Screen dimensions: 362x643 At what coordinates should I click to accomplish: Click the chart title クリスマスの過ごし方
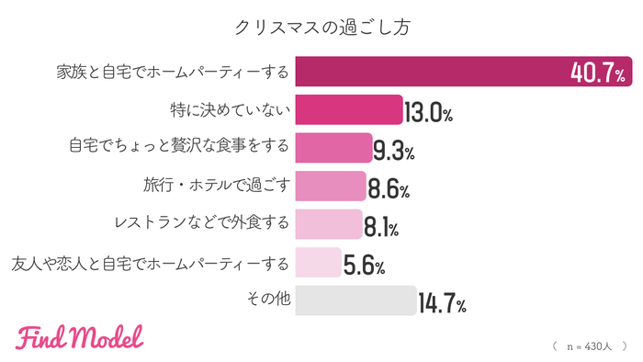click(321, 27)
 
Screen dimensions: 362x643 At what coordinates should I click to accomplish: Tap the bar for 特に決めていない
click(349, 111)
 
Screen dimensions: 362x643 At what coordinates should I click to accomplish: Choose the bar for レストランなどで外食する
click(329, 225)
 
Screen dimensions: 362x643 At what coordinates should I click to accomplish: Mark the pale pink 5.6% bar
click(318, 264)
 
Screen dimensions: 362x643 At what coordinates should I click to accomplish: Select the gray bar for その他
click(355, 302)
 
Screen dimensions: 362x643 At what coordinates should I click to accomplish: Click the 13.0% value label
click(429, 113)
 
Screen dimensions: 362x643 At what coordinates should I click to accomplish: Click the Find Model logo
click(80, 337)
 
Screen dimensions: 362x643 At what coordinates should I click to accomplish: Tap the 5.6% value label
click(364, 266)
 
